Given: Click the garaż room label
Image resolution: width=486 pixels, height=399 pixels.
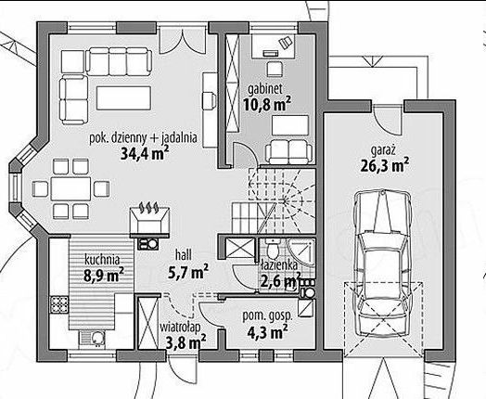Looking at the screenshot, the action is pos(383,151).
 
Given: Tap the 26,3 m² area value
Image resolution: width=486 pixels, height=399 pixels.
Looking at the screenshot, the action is pos(384,165).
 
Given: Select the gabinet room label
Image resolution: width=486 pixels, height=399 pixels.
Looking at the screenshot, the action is pos(265,89).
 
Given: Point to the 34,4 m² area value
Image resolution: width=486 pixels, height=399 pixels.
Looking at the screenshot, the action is pos(145,153).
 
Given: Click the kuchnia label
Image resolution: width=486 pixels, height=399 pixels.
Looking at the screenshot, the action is pos(102,260).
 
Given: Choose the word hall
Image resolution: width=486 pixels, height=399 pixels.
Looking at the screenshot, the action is pos(184,255).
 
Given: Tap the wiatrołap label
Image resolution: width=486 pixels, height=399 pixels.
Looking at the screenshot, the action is pos(180,327).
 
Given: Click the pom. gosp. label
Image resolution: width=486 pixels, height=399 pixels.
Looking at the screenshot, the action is pos(267,315).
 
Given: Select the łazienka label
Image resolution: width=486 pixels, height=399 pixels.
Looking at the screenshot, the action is pos(279,264).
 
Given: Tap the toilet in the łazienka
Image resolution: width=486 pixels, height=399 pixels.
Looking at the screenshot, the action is pos(274,249).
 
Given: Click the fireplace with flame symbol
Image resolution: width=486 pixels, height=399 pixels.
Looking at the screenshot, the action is pos(149,220).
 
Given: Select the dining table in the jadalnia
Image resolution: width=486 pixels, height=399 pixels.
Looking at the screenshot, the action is pos(71,188).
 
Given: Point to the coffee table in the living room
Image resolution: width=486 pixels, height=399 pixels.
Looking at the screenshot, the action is pos(123,98).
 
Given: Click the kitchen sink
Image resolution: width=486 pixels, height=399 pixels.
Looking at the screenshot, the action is pos(93,339).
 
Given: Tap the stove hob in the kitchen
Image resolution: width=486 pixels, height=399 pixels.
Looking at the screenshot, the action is pos(59,305).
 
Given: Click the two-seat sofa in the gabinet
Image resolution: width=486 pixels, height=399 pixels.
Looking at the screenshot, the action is pos(288,151).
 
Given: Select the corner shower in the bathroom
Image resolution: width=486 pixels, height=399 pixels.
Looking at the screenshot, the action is pos(301,252).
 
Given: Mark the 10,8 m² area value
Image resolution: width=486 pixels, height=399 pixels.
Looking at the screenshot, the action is pos(267,104).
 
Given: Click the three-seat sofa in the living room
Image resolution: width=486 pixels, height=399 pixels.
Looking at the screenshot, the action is pos(119,61).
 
